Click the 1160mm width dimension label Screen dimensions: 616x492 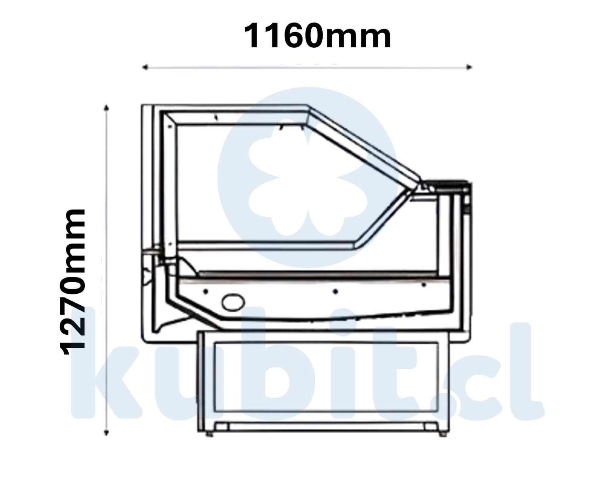click(317, 36)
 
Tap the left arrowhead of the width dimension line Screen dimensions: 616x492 click(145, 67)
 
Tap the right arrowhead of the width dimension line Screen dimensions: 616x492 click(469, 67)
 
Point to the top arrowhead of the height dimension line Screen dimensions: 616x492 click(107, 107)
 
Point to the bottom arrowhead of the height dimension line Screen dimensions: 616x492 click(106, 433)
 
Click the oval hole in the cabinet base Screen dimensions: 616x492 click(233, 302)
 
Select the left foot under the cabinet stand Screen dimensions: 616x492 click(209, 434)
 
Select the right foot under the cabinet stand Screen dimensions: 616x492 click(443, 434)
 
